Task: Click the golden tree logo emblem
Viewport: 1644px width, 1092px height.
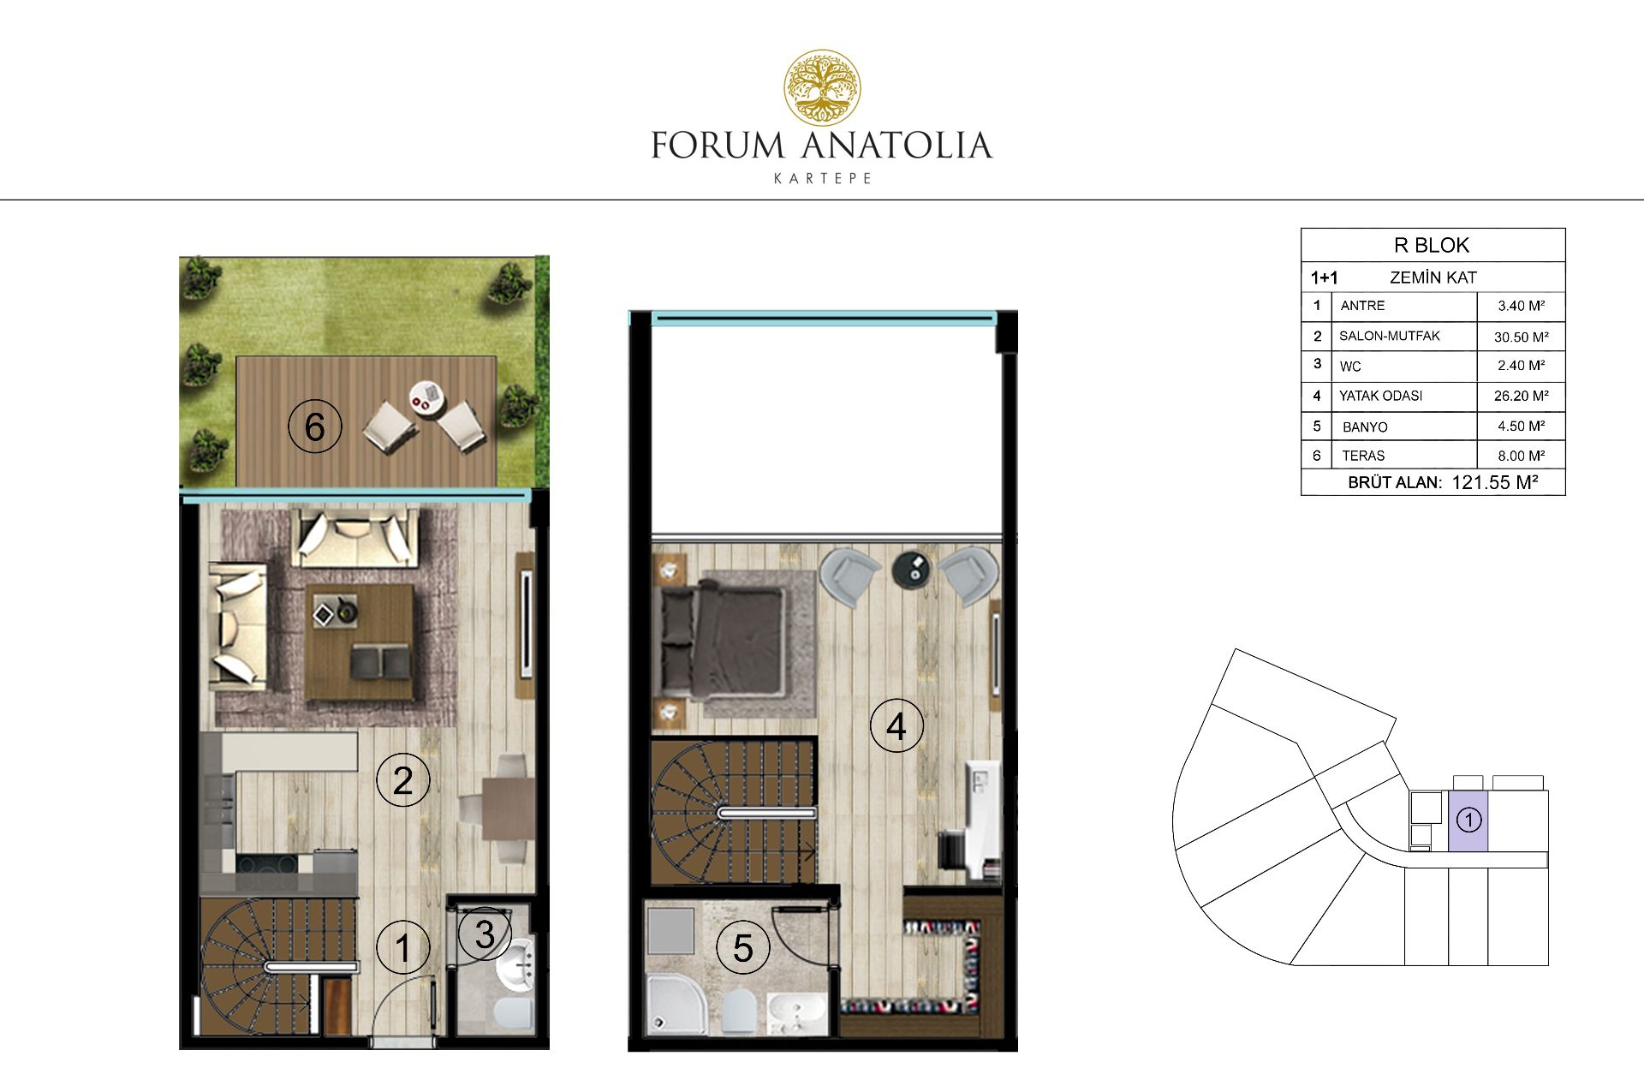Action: [x=822, y=87]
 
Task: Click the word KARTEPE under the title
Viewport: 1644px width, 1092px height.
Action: [x=822, y=179]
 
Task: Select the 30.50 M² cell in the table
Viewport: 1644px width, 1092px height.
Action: [x=1521, y=337]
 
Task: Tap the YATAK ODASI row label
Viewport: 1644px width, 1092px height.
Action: [x=1380, y=396]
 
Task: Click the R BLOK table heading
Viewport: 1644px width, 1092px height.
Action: [x=1432, y=246]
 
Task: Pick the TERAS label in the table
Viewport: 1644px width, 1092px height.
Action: [x=1363, y=456]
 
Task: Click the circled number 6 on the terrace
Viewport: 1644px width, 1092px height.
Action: [x=315, y=427]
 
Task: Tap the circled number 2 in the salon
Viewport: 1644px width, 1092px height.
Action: [x=402, y=780]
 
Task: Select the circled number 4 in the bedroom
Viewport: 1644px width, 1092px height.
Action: [x=896, y=726]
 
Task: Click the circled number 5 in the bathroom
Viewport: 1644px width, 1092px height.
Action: [x=742, y=948]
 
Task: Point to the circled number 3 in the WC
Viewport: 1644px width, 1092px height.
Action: [x=484, y=934]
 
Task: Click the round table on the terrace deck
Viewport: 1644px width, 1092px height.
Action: [x=426, y=396]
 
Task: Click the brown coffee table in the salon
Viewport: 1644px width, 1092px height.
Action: [x=360, y=642]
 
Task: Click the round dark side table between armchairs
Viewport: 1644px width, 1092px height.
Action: [x=911, y=569]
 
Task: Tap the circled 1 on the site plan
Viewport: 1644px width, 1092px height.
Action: [x=1468, y=820]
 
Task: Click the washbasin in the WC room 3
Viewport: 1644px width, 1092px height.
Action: [x=516, y=968]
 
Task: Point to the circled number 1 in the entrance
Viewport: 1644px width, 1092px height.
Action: [x=402, y=947]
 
